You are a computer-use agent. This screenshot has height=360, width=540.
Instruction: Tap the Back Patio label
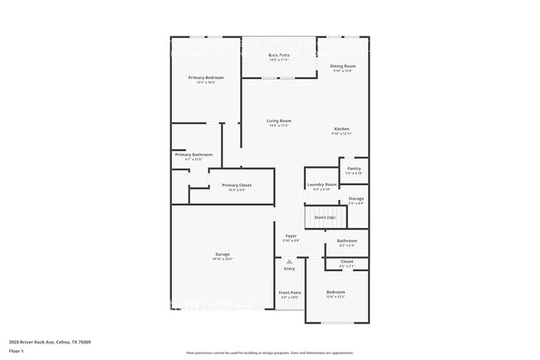pos(278,55)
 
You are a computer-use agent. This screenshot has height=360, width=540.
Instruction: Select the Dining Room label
pos(344,66)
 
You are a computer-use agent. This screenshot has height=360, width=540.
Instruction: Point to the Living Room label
pos(278,121)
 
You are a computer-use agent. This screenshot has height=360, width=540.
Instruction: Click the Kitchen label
pos(341,129)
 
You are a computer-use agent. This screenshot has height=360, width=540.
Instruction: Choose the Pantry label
pos(354,169)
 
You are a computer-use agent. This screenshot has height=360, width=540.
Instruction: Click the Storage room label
pos(356,199)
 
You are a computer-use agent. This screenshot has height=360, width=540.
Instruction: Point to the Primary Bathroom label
pos(194,155)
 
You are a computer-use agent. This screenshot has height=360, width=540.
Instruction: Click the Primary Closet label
pos(237,185)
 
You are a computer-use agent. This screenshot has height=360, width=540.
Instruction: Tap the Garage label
pos(223,254)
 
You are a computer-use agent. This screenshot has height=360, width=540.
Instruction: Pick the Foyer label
pos(291,236)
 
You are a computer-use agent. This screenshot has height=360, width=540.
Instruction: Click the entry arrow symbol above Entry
pos(289,262)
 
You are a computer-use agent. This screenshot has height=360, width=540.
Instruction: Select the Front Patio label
pos(289,293)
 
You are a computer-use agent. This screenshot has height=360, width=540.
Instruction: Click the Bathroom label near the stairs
pos(346,241)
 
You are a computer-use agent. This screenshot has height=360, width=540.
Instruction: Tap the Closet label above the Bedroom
pos(346,262)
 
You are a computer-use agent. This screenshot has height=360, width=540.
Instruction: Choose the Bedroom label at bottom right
pos(336,292)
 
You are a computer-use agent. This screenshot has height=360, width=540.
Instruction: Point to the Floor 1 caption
pos(17,352)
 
